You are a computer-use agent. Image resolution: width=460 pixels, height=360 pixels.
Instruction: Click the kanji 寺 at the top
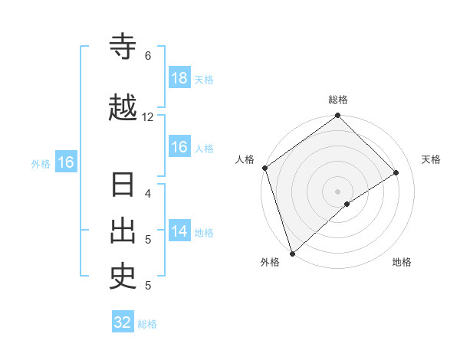tap(123, 47)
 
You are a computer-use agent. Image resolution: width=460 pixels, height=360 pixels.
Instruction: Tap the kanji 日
tap(123, 186)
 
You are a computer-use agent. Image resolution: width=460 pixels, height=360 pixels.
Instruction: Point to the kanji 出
tap(123, 231)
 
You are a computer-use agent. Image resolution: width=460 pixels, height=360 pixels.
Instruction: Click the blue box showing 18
tap(179, 78)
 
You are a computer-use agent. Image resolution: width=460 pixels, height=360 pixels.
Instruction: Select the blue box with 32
tap(123, 322)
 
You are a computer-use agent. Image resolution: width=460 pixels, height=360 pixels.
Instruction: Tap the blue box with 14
tap(179, 231)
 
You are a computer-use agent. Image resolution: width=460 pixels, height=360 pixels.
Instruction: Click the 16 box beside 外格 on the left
tap(65, 162)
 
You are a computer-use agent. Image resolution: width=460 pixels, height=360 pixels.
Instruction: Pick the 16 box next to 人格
tap(179, 148)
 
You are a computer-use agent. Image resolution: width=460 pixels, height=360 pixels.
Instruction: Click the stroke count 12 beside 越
tap(148, 117)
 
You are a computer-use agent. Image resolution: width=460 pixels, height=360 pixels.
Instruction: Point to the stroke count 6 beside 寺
tap(147, 56)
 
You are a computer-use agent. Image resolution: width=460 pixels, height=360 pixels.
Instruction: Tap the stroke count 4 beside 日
tap(147, 194)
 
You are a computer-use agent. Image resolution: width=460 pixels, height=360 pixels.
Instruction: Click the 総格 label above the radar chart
tap(338, 100)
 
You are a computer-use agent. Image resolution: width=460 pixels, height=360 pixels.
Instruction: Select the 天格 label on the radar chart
tap(432, 159)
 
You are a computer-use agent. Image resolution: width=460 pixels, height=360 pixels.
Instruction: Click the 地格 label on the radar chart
tap(402, 262)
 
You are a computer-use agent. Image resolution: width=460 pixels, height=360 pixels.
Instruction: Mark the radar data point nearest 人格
tap(264, 168)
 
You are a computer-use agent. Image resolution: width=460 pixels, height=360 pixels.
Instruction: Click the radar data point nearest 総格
tap(338, 116)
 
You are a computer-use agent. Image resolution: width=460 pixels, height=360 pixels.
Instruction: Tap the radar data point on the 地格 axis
tap(347, 204)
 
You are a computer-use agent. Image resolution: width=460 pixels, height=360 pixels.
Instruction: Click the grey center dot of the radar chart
tap(338, 191)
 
